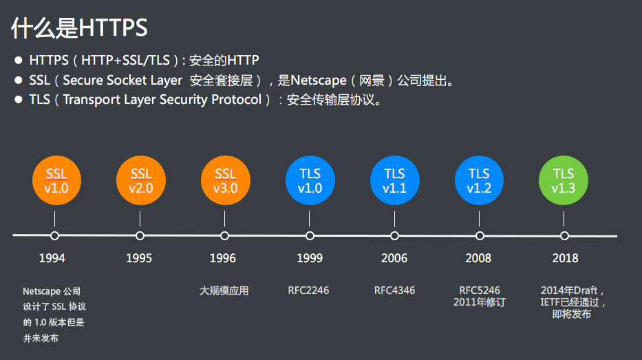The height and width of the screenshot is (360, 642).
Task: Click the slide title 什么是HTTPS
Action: click(79, 28)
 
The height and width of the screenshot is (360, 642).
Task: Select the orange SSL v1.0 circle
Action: click(56, 180)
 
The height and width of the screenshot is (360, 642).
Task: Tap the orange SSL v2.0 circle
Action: click(140, 180)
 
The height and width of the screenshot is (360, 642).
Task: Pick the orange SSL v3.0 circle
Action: click(225, 180)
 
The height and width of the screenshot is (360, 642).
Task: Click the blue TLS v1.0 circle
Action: click(310, 180)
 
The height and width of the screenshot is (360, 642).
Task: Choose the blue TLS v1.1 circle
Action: click(394, 180)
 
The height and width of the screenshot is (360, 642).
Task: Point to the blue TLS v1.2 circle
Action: click(479, 180)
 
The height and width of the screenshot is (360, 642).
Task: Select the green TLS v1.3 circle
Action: click(564, 180)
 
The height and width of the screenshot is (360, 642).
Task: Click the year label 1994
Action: click(52, 259)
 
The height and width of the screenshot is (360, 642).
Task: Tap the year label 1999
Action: click(310, 259)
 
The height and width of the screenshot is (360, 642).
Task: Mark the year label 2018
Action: click(565, 259)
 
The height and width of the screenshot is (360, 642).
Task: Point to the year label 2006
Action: click(394, 259)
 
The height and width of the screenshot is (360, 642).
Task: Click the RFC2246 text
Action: click(308, 290)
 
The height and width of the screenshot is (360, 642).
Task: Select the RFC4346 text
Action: click(394, 290)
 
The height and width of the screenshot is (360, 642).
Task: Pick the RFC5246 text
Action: click(480, 290)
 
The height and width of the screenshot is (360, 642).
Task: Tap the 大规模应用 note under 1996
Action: click(224, 291)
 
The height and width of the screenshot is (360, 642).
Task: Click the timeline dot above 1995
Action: click(140, 235)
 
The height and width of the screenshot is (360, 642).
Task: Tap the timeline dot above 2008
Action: click(480, 235)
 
